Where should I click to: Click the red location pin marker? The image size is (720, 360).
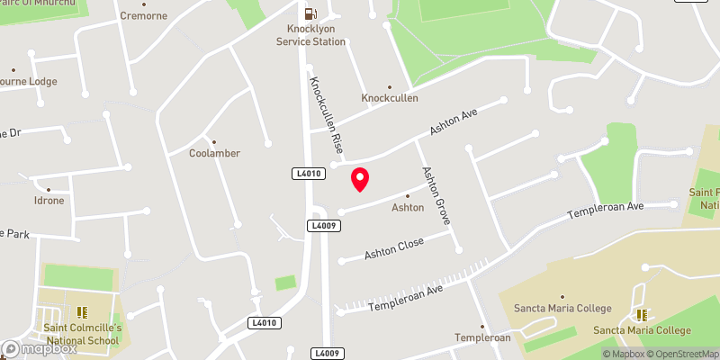pyautogui.click(x=359, y=179)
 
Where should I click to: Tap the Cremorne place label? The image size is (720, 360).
pyautogui.click(x=143, y=16)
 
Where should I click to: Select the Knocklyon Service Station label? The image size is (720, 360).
pyautogui.click(x=310, y=35)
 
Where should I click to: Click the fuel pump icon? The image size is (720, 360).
pyautogui.click(x=310, y=13)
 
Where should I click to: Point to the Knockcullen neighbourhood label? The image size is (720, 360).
pyautogui.click(x=390, y=97)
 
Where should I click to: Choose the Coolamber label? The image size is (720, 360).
pyautogui.click(x=214, y=152)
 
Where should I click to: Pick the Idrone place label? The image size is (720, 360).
pyautogui.click(x=49, y=200)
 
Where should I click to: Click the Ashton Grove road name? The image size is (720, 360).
pyautogui.click(x=436, y=195)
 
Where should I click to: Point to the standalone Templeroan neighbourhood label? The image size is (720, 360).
pyautogui.click(x=482, y=337)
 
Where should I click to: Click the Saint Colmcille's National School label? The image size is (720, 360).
pyautogui.click(x=82, y=334)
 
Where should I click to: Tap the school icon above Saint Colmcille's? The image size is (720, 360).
pyautogui.click(x=82, y=313)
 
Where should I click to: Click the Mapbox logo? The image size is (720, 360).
pyautogui.click(x=38, y=348)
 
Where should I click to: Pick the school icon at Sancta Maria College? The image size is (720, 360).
pyautogui.click(x=642, y=314)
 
